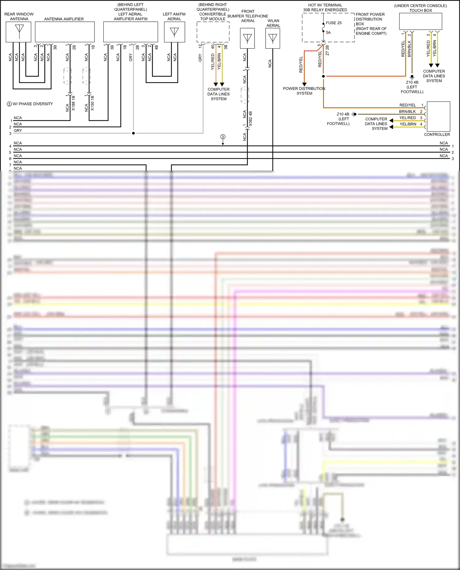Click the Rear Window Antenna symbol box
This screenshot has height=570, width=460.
(x=18, y=32)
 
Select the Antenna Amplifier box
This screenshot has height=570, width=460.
(x=65, y=32)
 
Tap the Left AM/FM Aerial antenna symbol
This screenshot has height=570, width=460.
(x=174, y=32)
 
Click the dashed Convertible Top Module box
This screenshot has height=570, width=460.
(x=213, y=32)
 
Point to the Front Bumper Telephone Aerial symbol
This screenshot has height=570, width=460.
(x=247, y=38)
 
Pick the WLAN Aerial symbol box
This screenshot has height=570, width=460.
(x=273, y=38)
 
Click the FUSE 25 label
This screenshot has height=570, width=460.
(x=334, y=23)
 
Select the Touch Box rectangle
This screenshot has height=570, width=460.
(x=420, y=21)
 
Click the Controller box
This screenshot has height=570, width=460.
(x=438, y=116)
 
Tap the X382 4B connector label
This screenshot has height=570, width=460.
(x=251, y=119)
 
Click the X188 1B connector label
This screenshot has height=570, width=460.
(x=73, y=103)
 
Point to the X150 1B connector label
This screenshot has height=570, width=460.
(x=92, y=103)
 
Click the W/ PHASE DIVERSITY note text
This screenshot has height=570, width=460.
(x=33, y=104)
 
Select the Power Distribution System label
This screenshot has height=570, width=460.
(x=304, y=91)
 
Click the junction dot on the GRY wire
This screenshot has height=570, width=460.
(x=133, y=133)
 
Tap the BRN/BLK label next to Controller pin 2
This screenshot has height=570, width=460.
(x=407, y=111)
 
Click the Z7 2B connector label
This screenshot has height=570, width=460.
(x=327, y=50)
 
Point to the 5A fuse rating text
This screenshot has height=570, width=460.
(x=328, y=32)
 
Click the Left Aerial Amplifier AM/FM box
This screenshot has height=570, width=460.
(x=131, y=32)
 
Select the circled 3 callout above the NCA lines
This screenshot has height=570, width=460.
(x=223, y=137)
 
